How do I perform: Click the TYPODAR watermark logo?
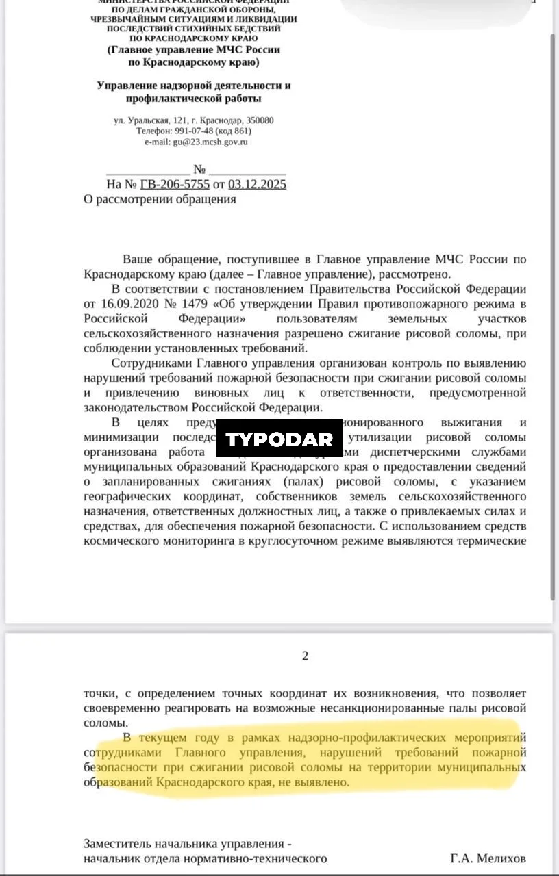[279, 439]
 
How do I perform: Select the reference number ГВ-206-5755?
[175, 184]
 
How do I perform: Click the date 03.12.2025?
[257, 184]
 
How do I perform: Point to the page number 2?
[305, 656]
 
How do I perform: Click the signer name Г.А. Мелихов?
[488, 858]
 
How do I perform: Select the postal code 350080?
[260, 120]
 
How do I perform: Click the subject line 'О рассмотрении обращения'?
[160, 199]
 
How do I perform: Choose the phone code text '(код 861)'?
[233, 131]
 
